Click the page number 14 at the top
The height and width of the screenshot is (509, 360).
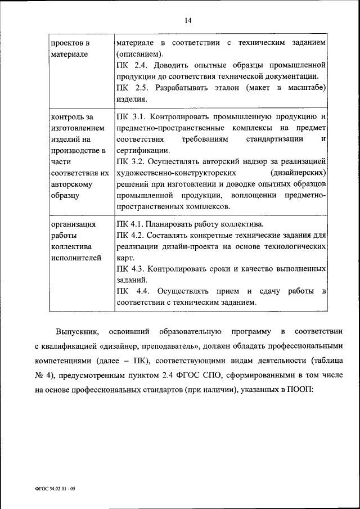pos(188,20)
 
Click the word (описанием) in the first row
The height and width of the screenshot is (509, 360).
pos(139,54)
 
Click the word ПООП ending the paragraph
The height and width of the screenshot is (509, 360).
pos(329,388)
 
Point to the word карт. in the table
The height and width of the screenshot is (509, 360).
pos(125,257)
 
